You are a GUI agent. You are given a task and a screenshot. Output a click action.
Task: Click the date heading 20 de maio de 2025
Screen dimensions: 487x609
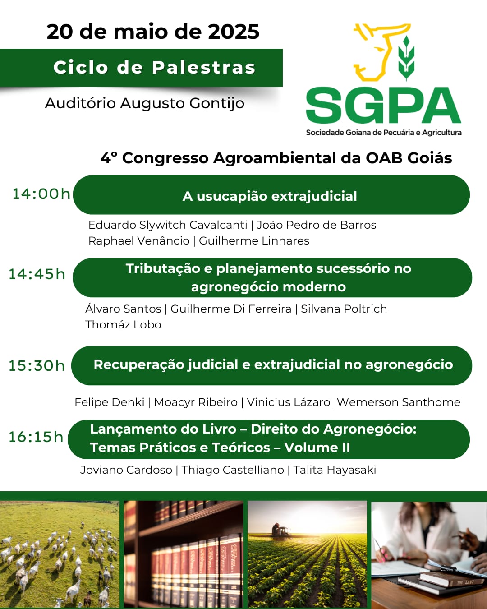(x=153, y=32)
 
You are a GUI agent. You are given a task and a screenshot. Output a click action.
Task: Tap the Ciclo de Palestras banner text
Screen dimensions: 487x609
(x=155, y=67)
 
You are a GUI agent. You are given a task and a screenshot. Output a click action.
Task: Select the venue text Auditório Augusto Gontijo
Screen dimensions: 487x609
(x=145, y=103)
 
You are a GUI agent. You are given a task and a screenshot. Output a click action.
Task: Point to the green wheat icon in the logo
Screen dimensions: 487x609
(x=406, y=58)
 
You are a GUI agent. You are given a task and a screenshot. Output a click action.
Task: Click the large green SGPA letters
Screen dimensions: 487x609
(x=384, y=105)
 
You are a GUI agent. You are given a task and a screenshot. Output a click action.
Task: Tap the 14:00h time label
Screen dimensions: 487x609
(x=41, y=194)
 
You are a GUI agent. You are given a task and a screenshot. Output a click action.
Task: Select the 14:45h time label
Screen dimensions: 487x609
(x=37, y=274)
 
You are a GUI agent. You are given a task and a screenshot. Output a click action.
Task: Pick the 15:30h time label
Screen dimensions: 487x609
(x=37, y=365)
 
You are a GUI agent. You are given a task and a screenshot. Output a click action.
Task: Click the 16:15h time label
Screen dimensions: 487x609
(x=36, y=437)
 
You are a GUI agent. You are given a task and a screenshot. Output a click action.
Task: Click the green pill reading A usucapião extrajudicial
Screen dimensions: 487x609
(x=271, y=195)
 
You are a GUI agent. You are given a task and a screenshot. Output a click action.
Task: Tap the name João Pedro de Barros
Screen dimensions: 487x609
(x=317, y=225)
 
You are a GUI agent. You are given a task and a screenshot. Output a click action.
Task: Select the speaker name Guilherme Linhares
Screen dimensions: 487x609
(x=254, y=241)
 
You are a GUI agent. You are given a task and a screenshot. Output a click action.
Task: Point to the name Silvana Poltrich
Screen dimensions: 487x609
(x=344, y=309)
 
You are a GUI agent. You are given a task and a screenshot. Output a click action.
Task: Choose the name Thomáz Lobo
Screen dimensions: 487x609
(x=124, y=325)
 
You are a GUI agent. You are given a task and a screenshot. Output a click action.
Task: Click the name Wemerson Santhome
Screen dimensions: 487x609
(x=399, y=402)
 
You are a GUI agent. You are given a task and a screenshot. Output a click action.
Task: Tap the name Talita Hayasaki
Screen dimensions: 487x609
(x=335, y=470)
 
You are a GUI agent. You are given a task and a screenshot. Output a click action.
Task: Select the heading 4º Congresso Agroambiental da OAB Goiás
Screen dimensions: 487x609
(x=276, y=158)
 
